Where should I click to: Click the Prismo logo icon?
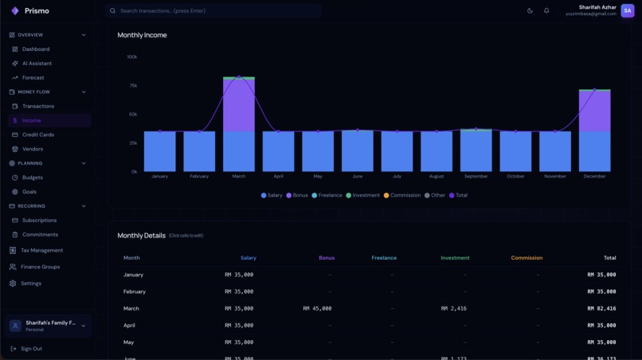coord(14,11)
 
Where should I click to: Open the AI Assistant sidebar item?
coord(37,64)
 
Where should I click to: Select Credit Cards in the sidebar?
coord(37,135)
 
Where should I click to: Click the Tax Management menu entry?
coord(41,250)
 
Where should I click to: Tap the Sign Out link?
coord(31,349)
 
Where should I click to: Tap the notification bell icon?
coord(546,11)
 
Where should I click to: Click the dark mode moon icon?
coord(530,11)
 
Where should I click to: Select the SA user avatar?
coord(628,10)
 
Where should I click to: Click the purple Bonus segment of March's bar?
coord(239,105)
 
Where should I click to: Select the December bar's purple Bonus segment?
coord(594,112)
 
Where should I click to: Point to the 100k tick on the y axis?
coord(131,57)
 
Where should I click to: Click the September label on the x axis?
coord(476,176)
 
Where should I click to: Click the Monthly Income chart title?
coord(142,35)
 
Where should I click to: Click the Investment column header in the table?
coord(455,258)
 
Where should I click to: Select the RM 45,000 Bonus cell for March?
coord(317,308)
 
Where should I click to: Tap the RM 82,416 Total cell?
coord(601,308)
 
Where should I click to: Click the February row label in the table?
coord(135,292)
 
